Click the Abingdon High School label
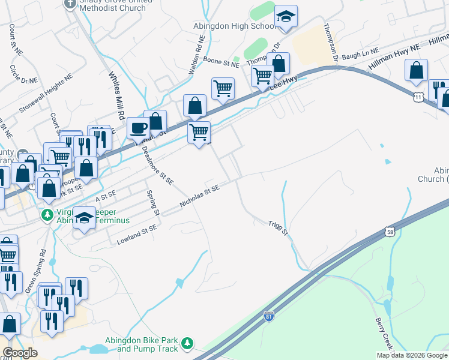[x=234, y=26]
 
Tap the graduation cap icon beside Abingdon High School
[x=286, y=19]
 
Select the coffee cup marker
[x=139, y=129]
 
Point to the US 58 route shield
[x=390, y=231]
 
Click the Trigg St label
[x=278, y=227]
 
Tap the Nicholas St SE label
[x=200, y=197]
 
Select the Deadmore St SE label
[x=158, y=163]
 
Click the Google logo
[x=20, y=353]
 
